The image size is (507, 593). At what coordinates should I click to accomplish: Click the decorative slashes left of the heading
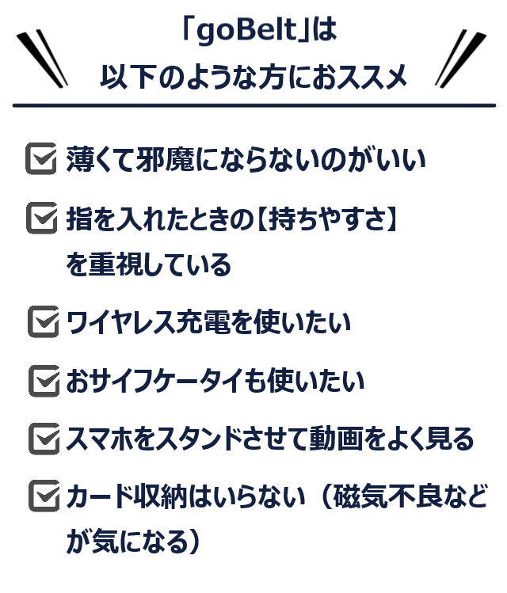coord(42,59)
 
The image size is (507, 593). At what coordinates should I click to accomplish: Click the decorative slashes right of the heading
coord(460,59)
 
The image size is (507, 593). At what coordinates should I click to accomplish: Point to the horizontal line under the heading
coord(253,105)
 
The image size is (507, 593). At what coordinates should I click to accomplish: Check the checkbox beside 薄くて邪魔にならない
coord(41,158)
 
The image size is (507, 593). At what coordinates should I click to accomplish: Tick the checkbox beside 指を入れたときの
coord(42,218)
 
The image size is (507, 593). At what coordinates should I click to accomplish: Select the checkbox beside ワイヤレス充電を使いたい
coord(44,321)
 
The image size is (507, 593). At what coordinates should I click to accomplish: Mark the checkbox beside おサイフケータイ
coord(44,381)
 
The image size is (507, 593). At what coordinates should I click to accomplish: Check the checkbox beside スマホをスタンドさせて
coord(44,439)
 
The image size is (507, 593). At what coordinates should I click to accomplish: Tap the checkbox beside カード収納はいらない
coord(44,496)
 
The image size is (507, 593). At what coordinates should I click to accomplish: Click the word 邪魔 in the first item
coord(166,159)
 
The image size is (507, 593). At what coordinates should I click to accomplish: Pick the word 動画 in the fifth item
coord(337,439)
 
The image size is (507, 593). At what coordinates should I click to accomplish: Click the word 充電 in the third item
coord(204,322)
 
